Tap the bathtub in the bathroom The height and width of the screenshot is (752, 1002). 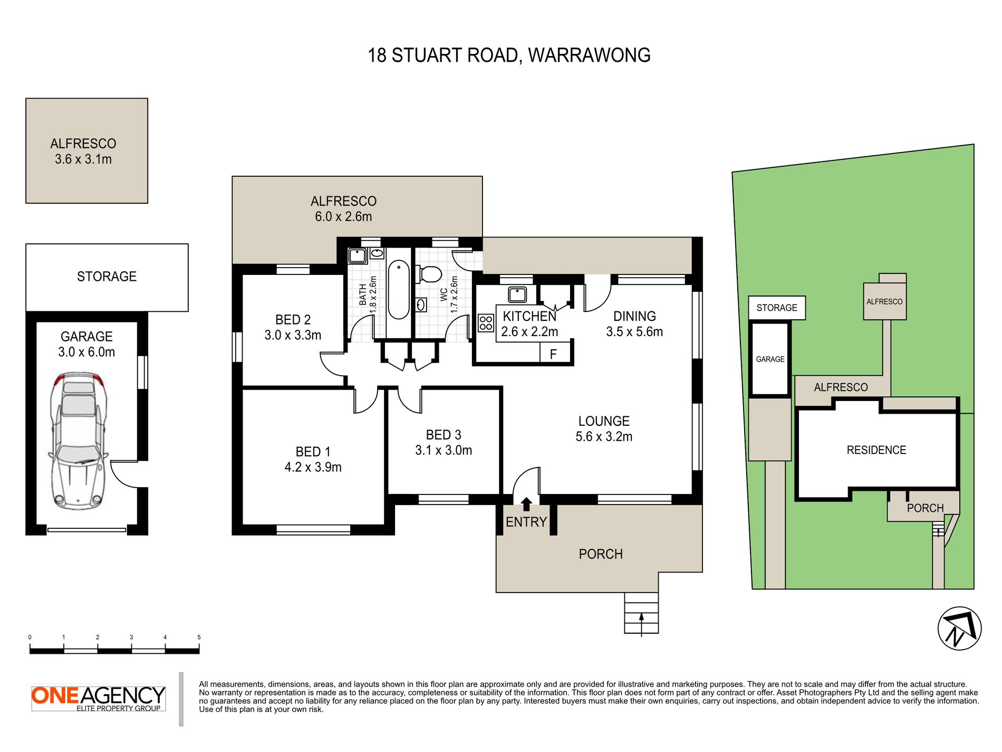coord(399,290)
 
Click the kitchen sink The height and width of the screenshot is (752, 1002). coord(517,294)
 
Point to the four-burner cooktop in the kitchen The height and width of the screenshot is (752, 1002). coord(486,323)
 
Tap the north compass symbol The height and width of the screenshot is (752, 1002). coord(959,629)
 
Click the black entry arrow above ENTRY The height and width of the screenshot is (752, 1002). coord(526,504)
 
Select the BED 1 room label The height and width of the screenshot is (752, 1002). coord(313,452)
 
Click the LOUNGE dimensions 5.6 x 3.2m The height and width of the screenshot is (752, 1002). coord(604,436)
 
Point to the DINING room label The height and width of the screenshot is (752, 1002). coord(634,316)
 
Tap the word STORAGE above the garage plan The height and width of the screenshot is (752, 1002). coord(107,277)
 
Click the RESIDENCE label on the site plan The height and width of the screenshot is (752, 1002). coord(876,450)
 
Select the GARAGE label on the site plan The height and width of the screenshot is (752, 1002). coord(770,359)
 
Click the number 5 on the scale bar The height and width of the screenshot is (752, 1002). coord(199,637)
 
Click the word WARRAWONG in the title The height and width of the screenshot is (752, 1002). coord(589,55)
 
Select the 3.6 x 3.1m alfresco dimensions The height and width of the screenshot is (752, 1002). coord(83,159)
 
